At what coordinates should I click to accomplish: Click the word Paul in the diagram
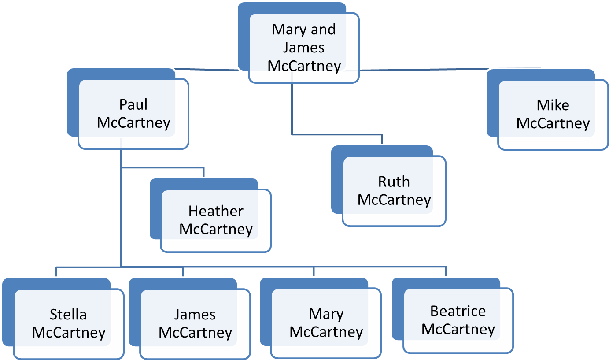tap(133, 105)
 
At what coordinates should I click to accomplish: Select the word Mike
tap(553, 105)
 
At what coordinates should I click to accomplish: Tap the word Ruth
tap(394, 182)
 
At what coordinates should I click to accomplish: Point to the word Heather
tap(215, 212)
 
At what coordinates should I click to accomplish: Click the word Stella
tap(68, 315)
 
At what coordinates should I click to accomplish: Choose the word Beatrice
tap(458, 311)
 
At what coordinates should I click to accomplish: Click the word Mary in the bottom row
tap(326, 314)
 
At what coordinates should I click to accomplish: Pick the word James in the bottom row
tap(195, 315)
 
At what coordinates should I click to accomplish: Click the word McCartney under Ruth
tap(394, 200)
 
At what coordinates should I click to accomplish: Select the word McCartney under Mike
tap(553, 123)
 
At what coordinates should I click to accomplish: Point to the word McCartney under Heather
tap(216, 230)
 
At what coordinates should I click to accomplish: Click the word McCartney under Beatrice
tap(458, 329)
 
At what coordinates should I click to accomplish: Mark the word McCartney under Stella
tap(69, 333)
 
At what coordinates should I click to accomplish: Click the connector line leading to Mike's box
tap(423, 69)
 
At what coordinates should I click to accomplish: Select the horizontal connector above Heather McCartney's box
tap(163, 167)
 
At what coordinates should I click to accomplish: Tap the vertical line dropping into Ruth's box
tap(382, 139)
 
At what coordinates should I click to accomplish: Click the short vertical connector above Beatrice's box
tap(446, 271)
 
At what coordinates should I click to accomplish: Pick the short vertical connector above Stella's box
tap(56, 271)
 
